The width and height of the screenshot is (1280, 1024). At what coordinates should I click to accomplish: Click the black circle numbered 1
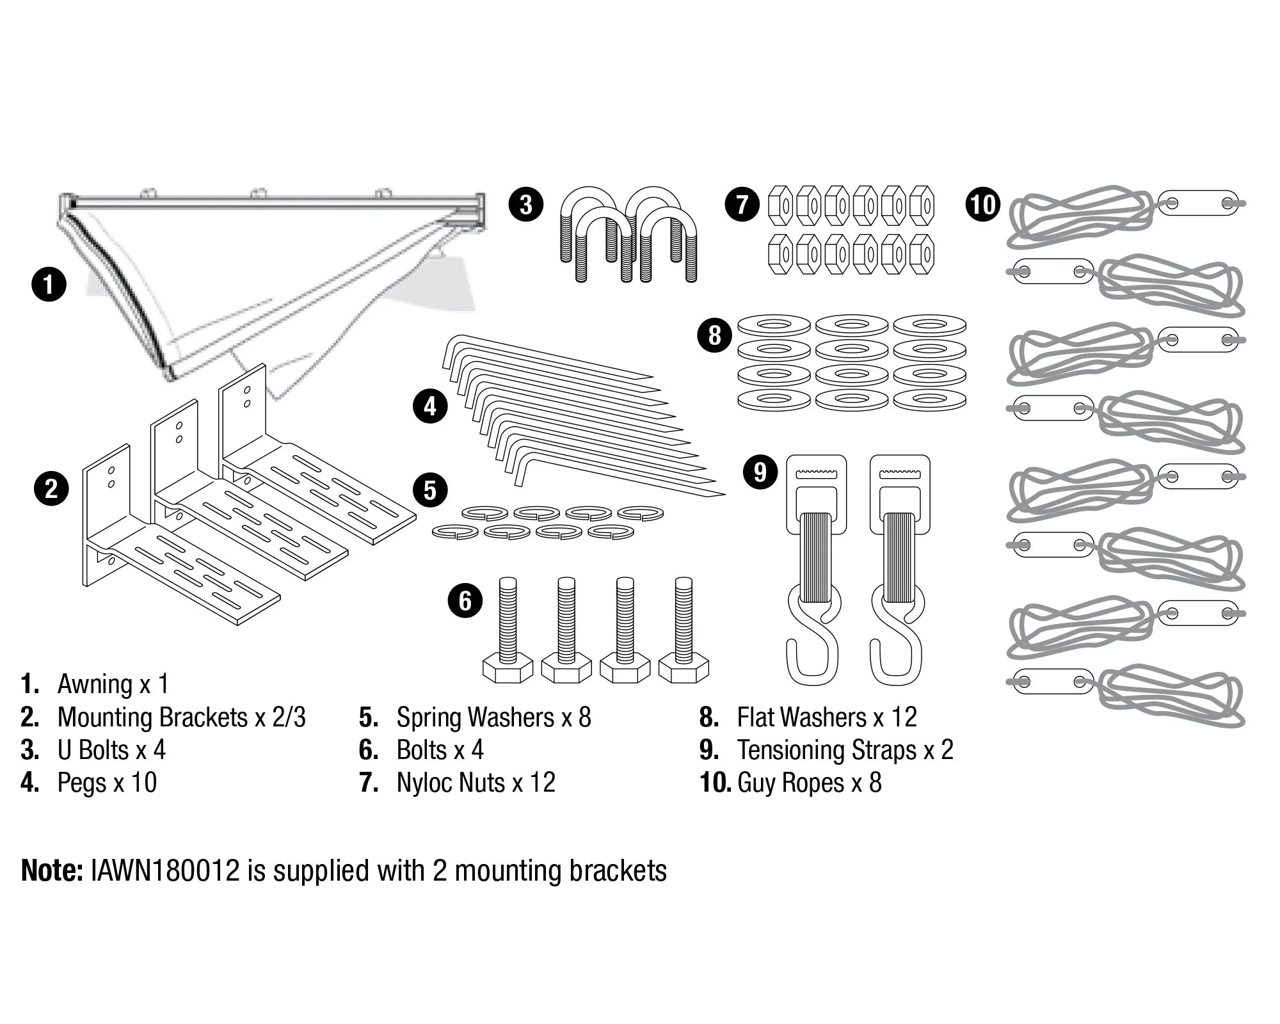[x=49, y=284]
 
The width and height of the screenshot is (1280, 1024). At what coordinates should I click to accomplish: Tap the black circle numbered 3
[x=525, y=204]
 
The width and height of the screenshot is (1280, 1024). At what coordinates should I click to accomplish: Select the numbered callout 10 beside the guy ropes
[x=982, y=204]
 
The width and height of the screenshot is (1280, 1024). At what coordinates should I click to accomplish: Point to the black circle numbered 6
[x=465, y=601]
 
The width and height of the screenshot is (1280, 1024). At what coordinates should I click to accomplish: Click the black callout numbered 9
[x=760, y=472]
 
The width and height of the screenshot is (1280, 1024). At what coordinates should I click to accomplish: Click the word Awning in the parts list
[x=95, y=684]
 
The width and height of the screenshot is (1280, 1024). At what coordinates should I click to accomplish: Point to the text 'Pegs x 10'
[x=107, y=783]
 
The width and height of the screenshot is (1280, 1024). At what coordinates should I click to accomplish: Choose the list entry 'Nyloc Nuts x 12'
[x=476, y=783]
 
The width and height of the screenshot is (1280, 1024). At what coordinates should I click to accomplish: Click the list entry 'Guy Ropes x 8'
[x=810, y=783]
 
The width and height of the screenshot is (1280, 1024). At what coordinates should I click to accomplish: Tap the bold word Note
[x=52, y=871]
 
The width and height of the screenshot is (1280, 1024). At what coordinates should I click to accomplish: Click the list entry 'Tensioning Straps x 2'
[x=845, y=750]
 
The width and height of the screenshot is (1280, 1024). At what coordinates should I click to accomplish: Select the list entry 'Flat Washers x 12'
[x=827, y=717]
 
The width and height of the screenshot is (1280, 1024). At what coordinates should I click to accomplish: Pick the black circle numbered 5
[x=430, y=491]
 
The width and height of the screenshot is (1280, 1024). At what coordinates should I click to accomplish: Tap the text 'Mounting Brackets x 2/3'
[x=181, y=717]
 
